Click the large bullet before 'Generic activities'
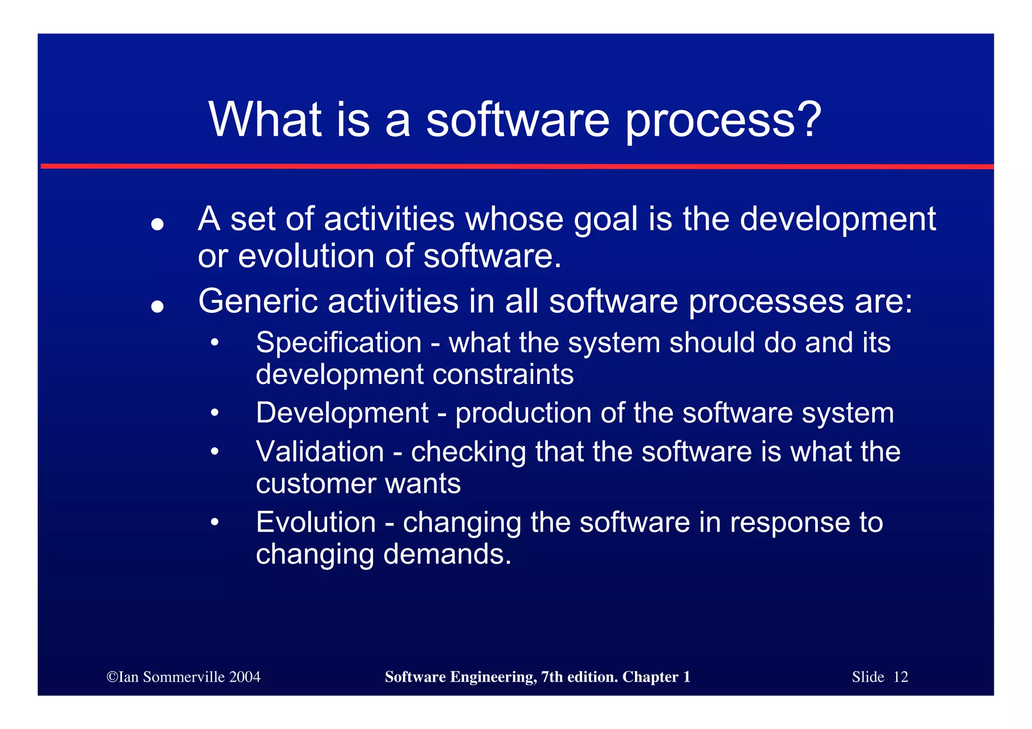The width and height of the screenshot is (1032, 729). (x=157, y=306)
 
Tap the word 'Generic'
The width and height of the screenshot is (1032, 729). (x=257, y=301)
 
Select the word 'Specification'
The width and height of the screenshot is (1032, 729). (x=339, y=343)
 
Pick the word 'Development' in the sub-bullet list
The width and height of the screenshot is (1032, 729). (x=342, y=413)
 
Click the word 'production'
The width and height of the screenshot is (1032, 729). (x=523, y=414)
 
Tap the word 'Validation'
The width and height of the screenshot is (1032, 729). (x=320, y=451)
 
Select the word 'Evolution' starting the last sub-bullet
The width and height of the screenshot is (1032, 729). (x=316, y=522)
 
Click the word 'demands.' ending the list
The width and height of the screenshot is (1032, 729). (x=447, y=554)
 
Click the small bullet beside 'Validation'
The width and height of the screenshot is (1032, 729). (x=215, y=451)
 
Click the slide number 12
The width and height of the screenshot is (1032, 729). (x=900, y=677)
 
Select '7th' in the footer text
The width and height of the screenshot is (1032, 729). (x=552, y=677)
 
